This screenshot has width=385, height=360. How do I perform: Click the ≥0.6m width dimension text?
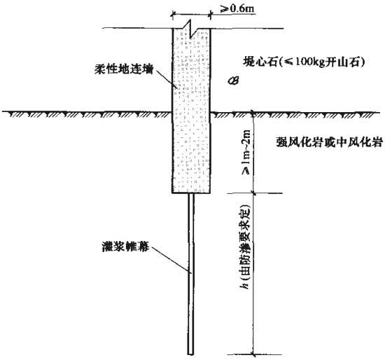pos(238,8)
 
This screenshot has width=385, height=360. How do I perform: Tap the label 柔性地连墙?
pos(124,69)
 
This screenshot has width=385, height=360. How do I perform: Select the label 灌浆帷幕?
pos(125,247)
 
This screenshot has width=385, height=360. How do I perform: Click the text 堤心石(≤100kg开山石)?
pos(304,62)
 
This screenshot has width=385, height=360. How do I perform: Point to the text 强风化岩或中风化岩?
pos(330,142)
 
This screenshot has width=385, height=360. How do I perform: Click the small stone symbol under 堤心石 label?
pos(233,81)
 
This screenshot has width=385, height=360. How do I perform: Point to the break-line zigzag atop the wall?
pos(190,29)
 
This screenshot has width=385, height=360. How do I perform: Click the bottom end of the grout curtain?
pos(190,354)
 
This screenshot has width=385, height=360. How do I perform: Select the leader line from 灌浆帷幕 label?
pos(170,260)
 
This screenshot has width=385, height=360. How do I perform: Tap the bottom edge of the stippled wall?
pos(191,193)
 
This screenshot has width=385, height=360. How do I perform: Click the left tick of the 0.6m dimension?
pos(172,15)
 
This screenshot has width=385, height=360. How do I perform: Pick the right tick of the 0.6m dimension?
pos(210,15)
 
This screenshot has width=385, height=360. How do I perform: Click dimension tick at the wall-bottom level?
pos(253,193)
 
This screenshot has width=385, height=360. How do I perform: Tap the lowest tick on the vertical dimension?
pos(253,354)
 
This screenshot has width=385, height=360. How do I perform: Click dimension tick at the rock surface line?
pos(253,112)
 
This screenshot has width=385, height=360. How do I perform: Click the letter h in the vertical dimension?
pos(246,286)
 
